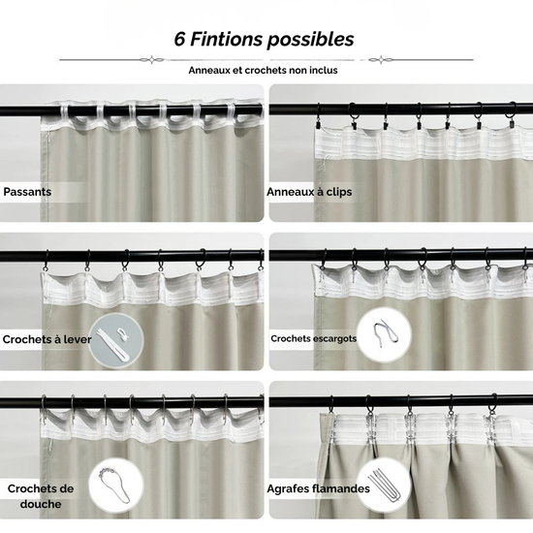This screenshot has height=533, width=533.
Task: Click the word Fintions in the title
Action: [x=226, y=39]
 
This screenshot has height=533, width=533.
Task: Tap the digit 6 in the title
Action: [x=179, y=39]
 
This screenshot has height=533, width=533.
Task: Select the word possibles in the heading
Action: [x=310, y=40]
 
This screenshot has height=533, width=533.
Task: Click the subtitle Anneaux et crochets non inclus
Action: [x=263, y=70]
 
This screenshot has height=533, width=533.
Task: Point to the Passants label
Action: [x=27, y=192]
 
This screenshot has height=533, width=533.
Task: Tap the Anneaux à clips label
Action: [x=309, y=192]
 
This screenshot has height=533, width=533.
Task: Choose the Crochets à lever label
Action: [x=47, y=339]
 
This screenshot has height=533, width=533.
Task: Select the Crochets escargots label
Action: [x=313, y=338]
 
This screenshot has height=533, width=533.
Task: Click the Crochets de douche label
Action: [x=41, y=496]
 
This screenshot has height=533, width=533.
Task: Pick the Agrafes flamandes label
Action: [x=318, y=488]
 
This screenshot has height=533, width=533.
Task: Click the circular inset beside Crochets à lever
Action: [x=116, y=340]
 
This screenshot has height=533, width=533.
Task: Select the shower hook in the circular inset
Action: [x=114, y=486]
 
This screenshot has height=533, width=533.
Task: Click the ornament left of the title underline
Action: [x=151, y=60]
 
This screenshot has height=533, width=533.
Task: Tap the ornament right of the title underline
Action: [x=381, y=60]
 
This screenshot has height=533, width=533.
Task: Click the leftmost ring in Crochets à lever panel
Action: [x=47, y=262]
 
